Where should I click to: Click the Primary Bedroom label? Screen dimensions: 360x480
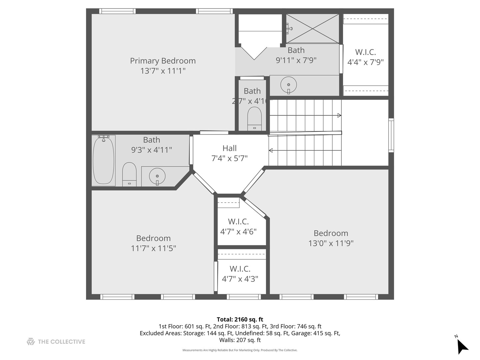coord(163,61)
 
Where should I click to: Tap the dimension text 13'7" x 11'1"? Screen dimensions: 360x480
coord(163,71)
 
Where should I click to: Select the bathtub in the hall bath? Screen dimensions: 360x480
coord(103,160)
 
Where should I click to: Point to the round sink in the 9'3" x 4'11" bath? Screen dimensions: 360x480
coord(157,176)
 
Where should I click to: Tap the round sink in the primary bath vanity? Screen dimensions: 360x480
coord(288,84)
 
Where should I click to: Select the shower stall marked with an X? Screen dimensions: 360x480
coord(312,29)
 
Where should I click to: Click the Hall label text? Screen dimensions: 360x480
coord(230,148)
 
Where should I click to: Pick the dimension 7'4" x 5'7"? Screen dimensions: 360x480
coord(230,158)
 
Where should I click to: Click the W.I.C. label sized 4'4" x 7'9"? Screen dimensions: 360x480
coord(366,52)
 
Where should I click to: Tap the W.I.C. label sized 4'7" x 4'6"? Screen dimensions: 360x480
coord(238,222)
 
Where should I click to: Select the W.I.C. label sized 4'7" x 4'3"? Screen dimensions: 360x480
coord(240,269)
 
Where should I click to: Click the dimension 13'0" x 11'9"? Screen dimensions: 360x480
coord(331,243)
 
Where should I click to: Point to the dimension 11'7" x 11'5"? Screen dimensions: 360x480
coord(153,248)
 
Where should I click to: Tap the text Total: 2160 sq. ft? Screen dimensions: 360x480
coord(240,320)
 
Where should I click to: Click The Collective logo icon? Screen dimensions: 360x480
coord(31,342)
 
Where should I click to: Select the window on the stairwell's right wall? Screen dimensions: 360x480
coord(391,135)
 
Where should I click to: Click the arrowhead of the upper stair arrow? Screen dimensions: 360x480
coord(339,116)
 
